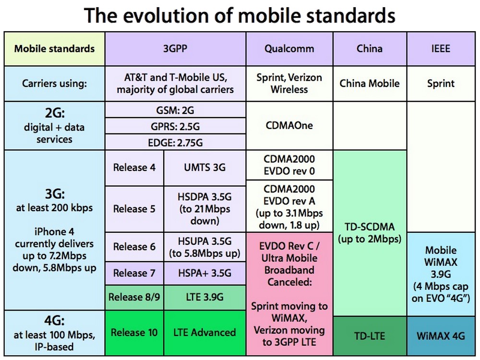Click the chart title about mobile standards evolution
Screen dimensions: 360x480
240,15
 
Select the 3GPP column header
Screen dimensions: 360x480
175,48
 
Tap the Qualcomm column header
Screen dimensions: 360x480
289,48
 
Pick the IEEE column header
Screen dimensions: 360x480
441,48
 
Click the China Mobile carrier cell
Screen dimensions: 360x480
369,84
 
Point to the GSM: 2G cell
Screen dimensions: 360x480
175,110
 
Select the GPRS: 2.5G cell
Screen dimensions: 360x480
175,126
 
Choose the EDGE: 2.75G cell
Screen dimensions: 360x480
175,143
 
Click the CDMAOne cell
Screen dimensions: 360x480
289,125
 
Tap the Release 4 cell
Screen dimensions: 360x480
134,168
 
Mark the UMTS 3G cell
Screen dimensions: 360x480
204,168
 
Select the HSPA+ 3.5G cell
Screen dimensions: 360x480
204,273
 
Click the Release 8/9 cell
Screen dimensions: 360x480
134,297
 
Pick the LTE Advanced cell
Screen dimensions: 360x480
204,332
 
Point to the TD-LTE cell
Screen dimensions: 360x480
369,336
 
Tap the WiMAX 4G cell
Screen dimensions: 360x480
441,336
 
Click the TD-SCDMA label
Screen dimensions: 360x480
369,232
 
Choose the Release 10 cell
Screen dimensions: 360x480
134,332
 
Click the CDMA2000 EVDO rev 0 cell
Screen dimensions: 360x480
289,165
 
